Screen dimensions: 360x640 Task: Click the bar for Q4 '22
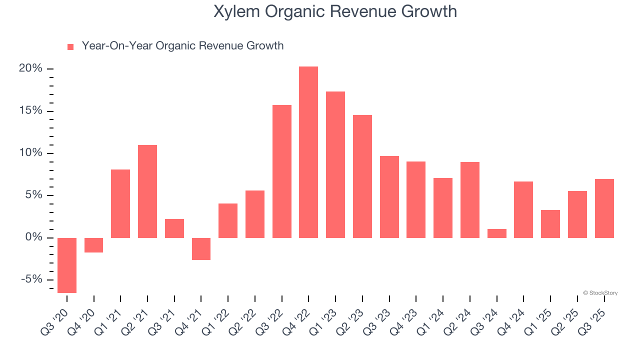tap(308, 152)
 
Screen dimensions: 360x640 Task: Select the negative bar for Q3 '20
tap(67, 265)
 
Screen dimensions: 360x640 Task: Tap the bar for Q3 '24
tap(497, 233)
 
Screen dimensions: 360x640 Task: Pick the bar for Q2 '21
tap(147, 191)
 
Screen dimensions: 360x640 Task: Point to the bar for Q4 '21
tap(201, 248)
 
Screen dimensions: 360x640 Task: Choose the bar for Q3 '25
tap(604, 208)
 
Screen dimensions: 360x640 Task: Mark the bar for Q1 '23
tap(335, 164)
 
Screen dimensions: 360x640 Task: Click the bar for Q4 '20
tap(94, 245)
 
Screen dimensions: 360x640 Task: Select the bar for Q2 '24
tap(470, 199)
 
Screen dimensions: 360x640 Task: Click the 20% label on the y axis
tap(30, 68)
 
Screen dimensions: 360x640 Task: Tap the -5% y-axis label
tap(31, 279)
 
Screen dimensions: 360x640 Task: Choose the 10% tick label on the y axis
tap(30, 153)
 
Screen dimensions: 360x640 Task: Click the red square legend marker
tap(70, 47)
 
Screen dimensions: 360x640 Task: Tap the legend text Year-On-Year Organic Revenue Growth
tap(182, 46)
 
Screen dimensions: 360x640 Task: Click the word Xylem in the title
tap(233, 11)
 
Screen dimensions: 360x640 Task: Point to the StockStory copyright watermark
tap(600, 293)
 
